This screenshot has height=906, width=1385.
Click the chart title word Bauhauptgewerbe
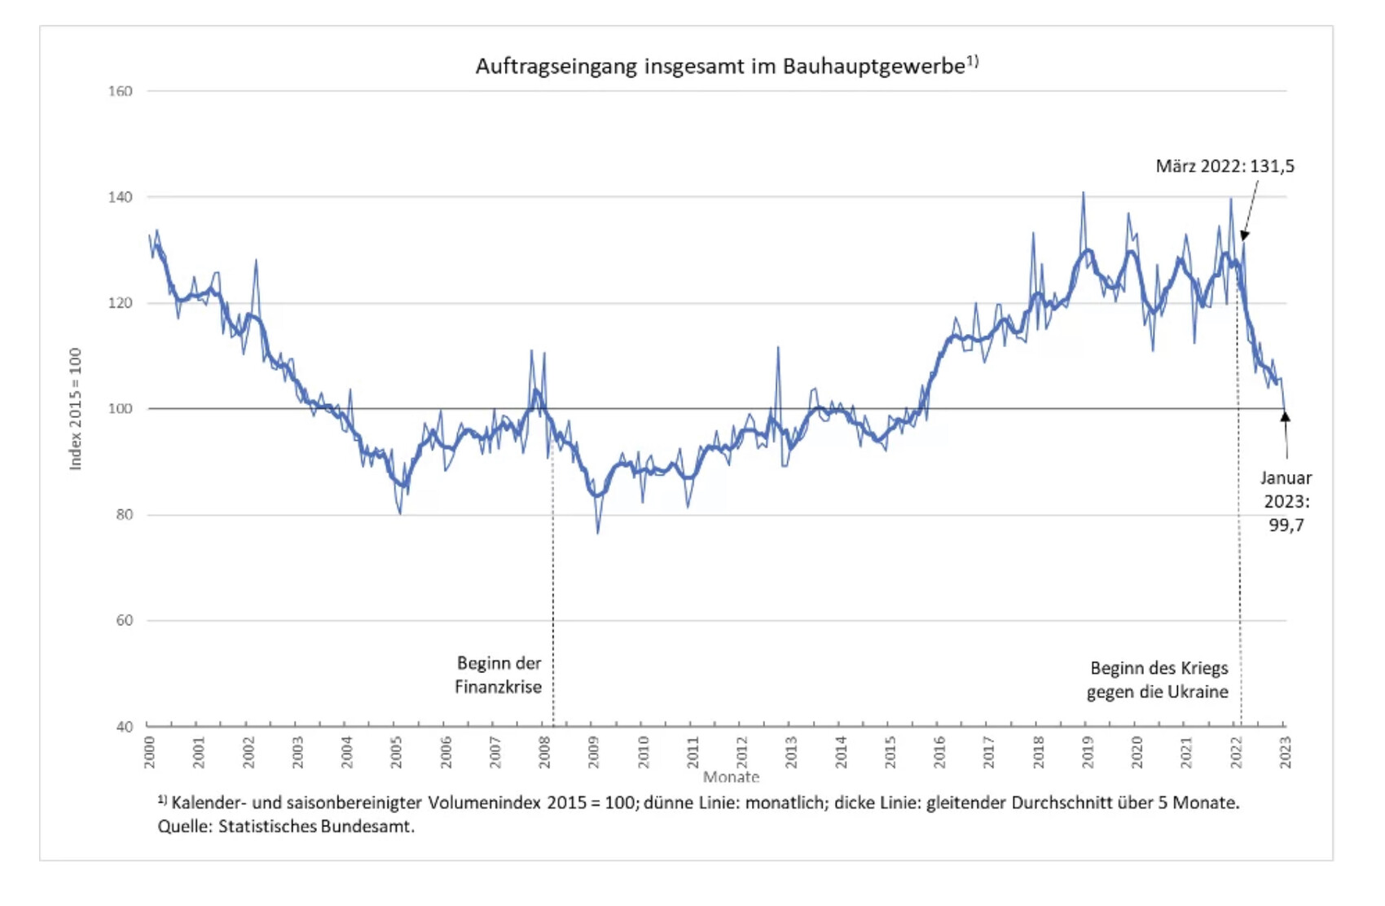[x=874, y=66]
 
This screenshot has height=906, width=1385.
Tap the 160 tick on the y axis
[x=120, y=91]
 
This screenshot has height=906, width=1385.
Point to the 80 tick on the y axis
[x=123, y=515]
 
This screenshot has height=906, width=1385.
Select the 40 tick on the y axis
[x=123, y=727]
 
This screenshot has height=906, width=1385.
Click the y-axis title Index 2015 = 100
[x=76, y=409]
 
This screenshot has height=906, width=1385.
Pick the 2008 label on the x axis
[x=544, y=752]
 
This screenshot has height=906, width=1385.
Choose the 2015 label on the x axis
[x=890, y=752]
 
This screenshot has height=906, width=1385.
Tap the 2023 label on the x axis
[x=1285, y=752]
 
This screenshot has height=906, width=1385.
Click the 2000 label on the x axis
[x=149, y=752]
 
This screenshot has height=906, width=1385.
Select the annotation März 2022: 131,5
[x=1225, y=166]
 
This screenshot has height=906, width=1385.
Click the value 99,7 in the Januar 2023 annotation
[x=1286, y=526]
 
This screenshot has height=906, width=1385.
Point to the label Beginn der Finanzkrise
[x=499, y=675]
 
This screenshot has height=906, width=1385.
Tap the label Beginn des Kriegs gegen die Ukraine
[x=1158, y=679]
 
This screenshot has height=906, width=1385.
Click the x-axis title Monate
[x=731, y=777]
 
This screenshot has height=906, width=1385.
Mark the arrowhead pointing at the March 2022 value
[x=1244, y=236]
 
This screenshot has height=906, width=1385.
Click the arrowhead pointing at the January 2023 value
[x=1285, y=416]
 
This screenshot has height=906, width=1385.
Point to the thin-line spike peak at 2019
[x=1083, y=192]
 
